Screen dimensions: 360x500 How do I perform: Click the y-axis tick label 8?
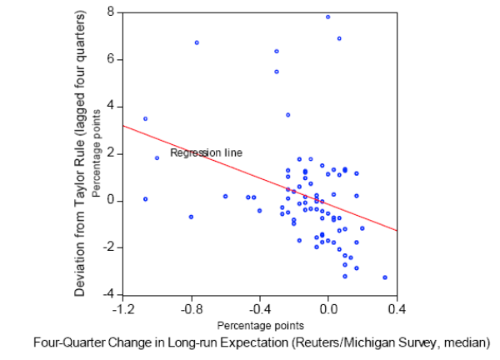(110, 12)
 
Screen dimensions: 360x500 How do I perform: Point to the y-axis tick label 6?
(110, 59)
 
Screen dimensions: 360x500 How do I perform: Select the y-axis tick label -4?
(107, 294)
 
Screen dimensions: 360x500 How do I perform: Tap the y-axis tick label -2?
(107, 247)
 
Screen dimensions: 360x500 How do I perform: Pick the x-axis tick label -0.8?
(191, 308)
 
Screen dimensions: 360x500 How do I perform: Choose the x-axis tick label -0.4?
(259, 308)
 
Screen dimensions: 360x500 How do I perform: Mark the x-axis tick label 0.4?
(397, 308)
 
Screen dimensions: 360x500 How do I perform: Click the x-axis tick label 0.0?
(328, 308)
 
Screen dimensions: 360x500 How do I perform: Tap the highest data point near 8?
(327, 17)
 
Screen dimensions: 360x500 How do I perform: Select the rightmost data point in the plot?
(385, 277)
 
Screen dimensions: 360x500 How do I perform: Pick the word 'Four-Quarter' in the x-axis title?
(69, 341)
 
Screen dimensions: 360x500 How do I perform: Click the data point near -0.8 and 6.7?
(197, 42)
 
